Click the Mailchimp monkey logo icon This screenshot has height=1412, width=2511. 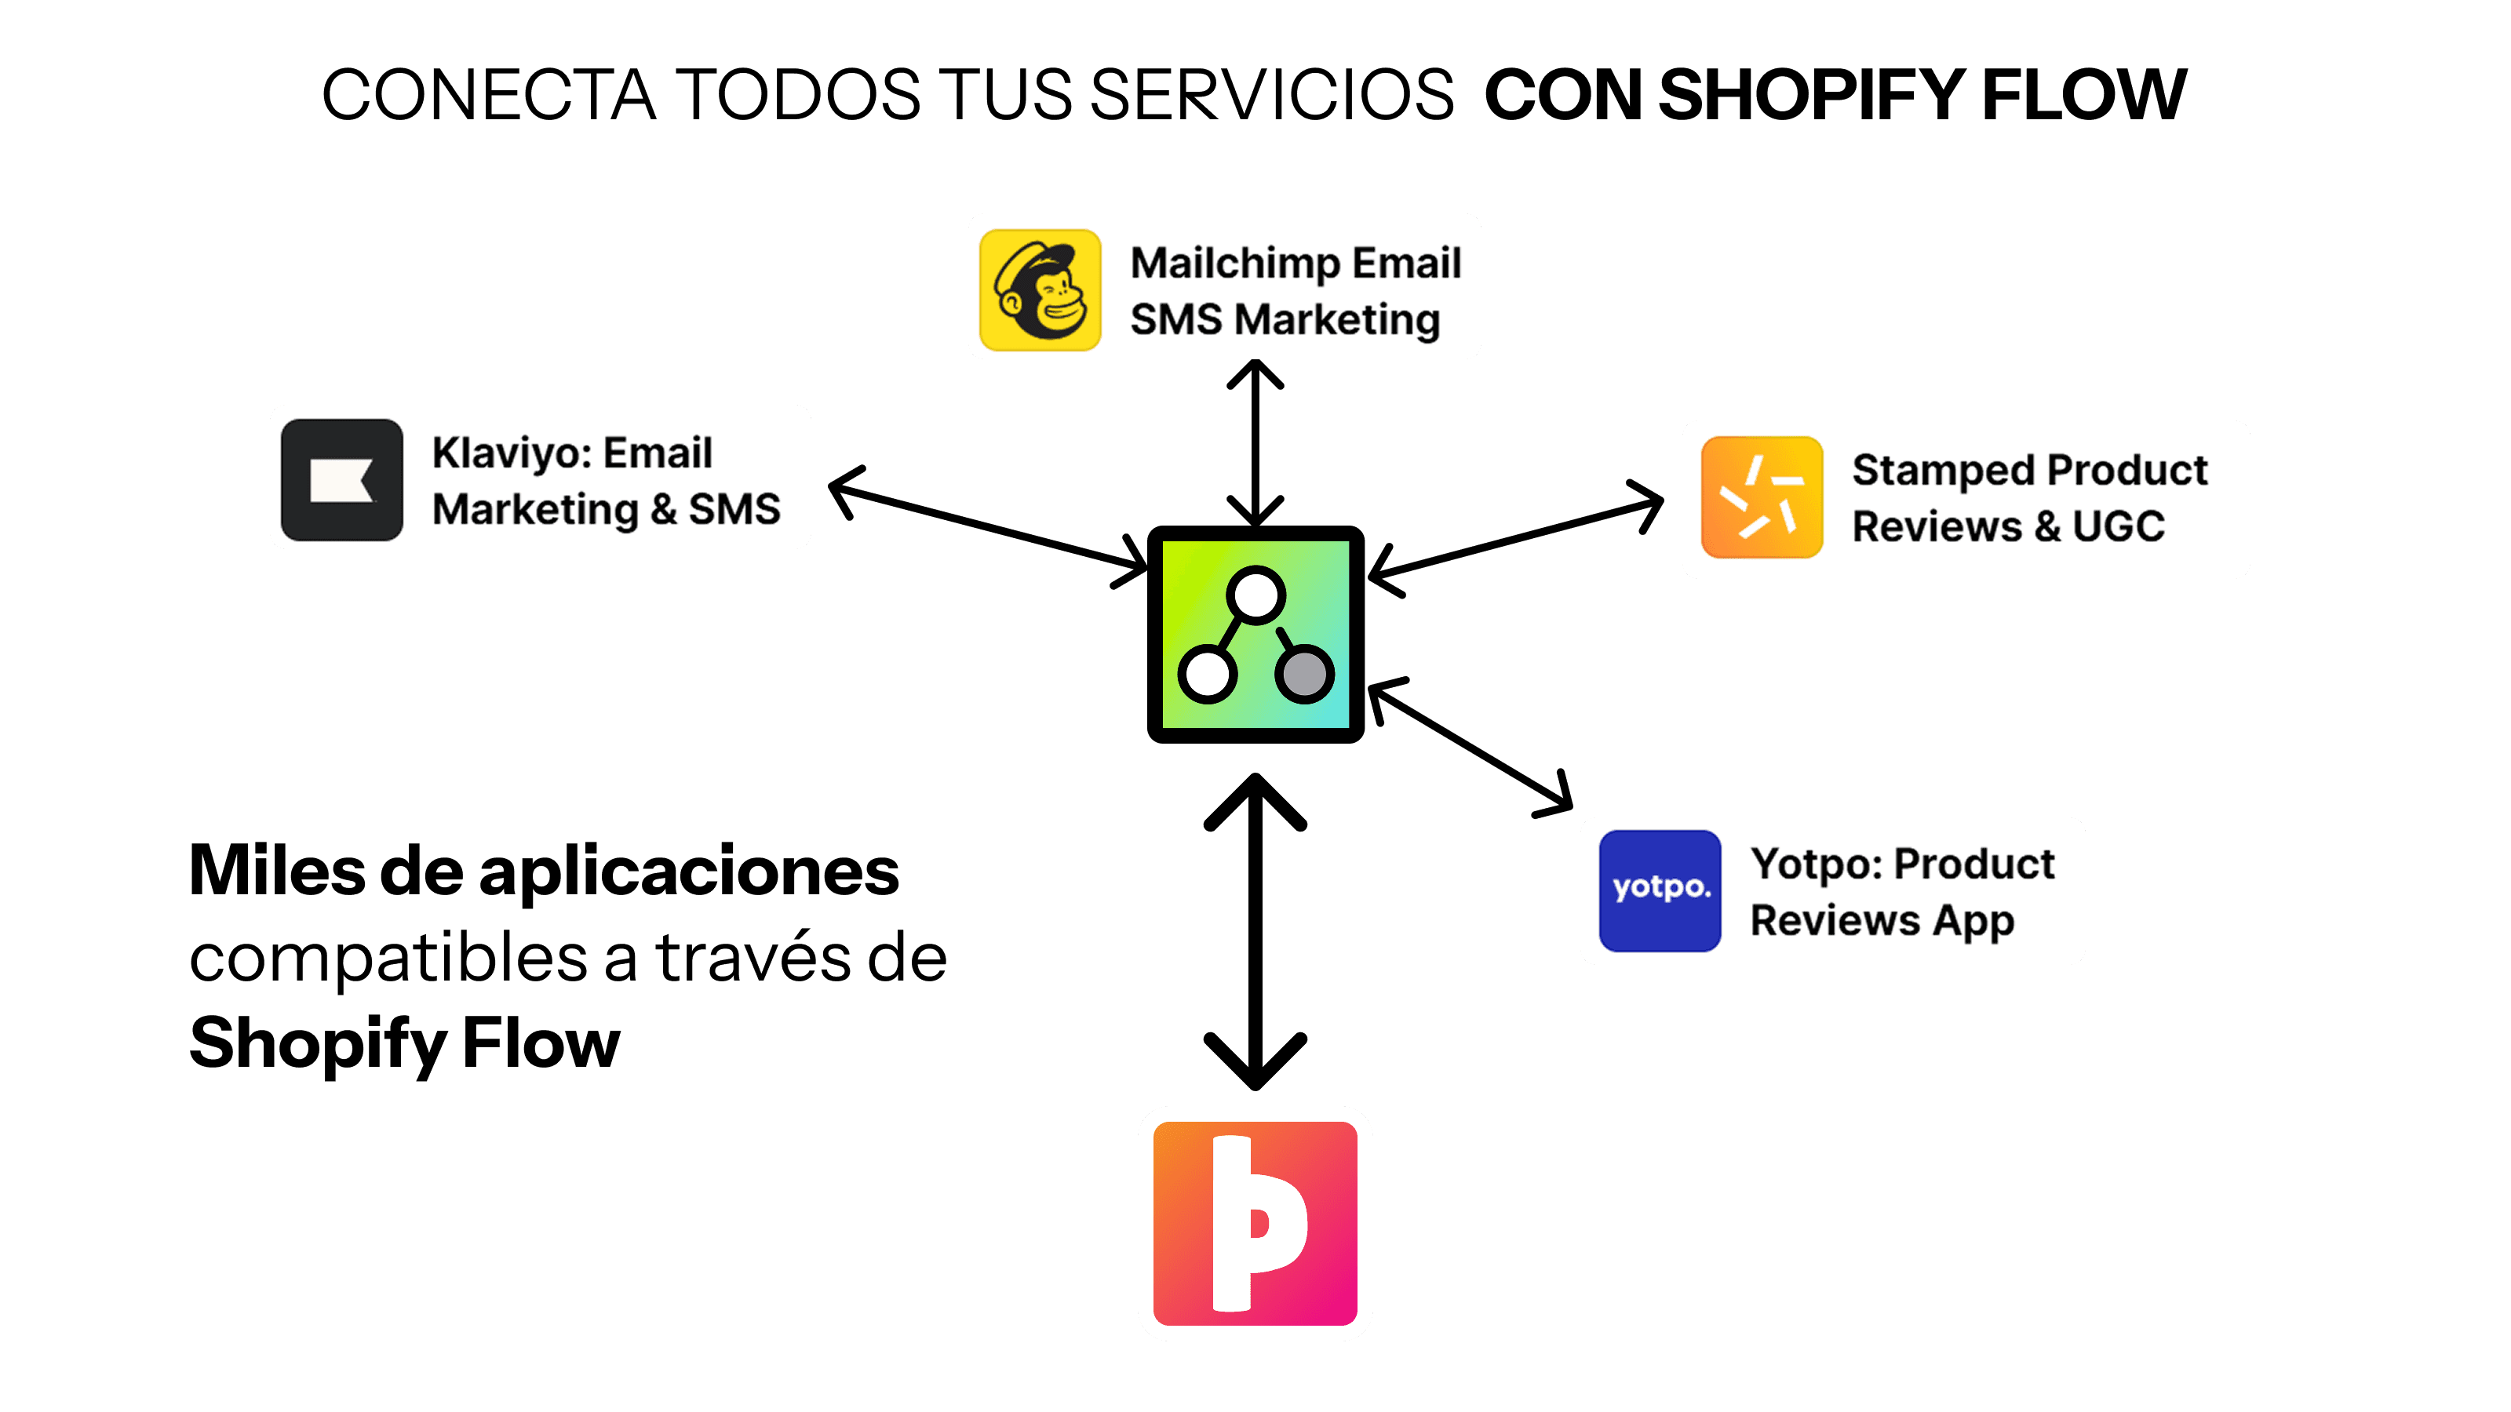coord(1040,289)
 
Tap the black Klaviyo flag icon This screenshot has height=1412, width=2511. coord(341,479)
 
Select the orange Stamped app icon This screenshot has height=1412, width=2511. coord(1762,497)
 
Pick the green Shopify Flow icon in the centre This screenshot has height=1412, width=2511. coord(1255,635)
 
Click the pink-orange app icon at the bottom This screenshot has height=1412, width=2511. coord(1255,1223)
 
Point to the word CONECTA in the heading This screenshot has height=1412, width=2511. coord(490,96)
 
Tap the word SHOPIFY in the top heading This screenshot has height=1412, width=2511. coord(1810,96)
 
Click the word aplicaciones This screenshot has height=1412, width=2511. coord(688,872)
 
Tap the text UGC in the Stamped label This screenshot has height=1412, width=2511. coord(2118,526)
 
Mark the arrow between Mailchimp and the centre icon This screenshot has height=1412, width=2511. coord(1255,443)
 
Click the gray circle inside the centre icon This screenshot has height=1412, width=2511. coord(1304,672)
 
